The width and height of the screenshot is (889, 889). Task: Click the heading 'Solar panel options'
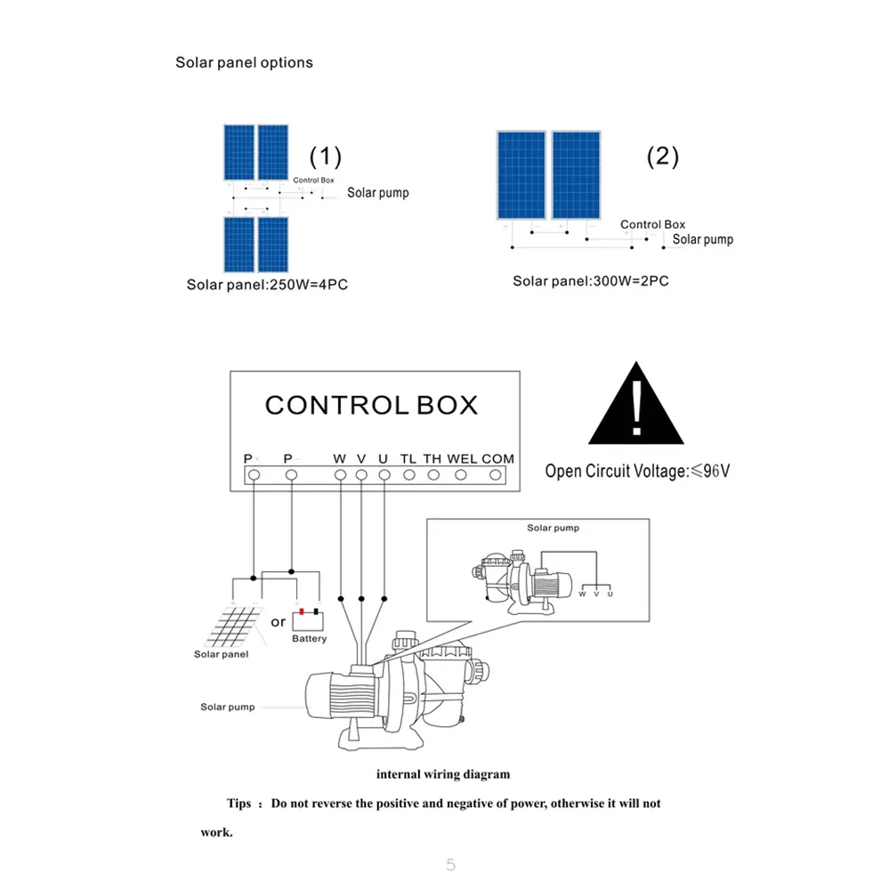244,62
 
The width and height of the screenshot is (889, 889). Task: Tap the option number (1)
325,157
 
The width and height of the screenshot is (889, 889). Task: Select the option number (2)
662,157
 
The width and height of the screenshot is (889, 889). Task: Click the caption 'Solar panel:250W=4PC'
273,285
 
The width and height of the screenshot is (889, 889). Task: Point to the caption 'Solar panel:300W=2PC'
591,281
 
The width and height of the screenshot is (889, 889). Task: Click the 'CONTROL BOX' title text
371,405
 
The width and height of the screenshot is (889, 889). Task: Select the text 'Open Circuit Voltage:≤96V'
637,471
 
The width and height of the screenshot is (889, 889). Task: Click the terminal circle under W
340,475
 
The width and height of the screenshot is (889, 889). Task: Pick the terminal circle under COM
497,475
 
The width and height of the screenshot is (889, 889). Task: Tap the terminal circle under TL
408,475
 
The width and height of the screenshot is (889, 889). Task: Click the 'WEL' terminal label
462,458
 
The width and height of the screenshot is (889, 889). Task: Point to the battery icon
308,618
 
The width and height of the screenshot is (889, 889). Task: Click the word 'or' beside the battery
279,621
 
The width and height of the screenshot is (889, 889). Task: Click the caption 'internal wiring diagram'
443,774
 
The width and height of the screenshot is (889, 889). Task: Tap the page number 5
450,864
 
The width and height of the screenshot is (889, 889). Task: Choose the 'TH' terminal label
432,458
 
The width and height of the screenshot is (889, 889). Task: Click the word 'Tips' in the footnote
238,804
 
